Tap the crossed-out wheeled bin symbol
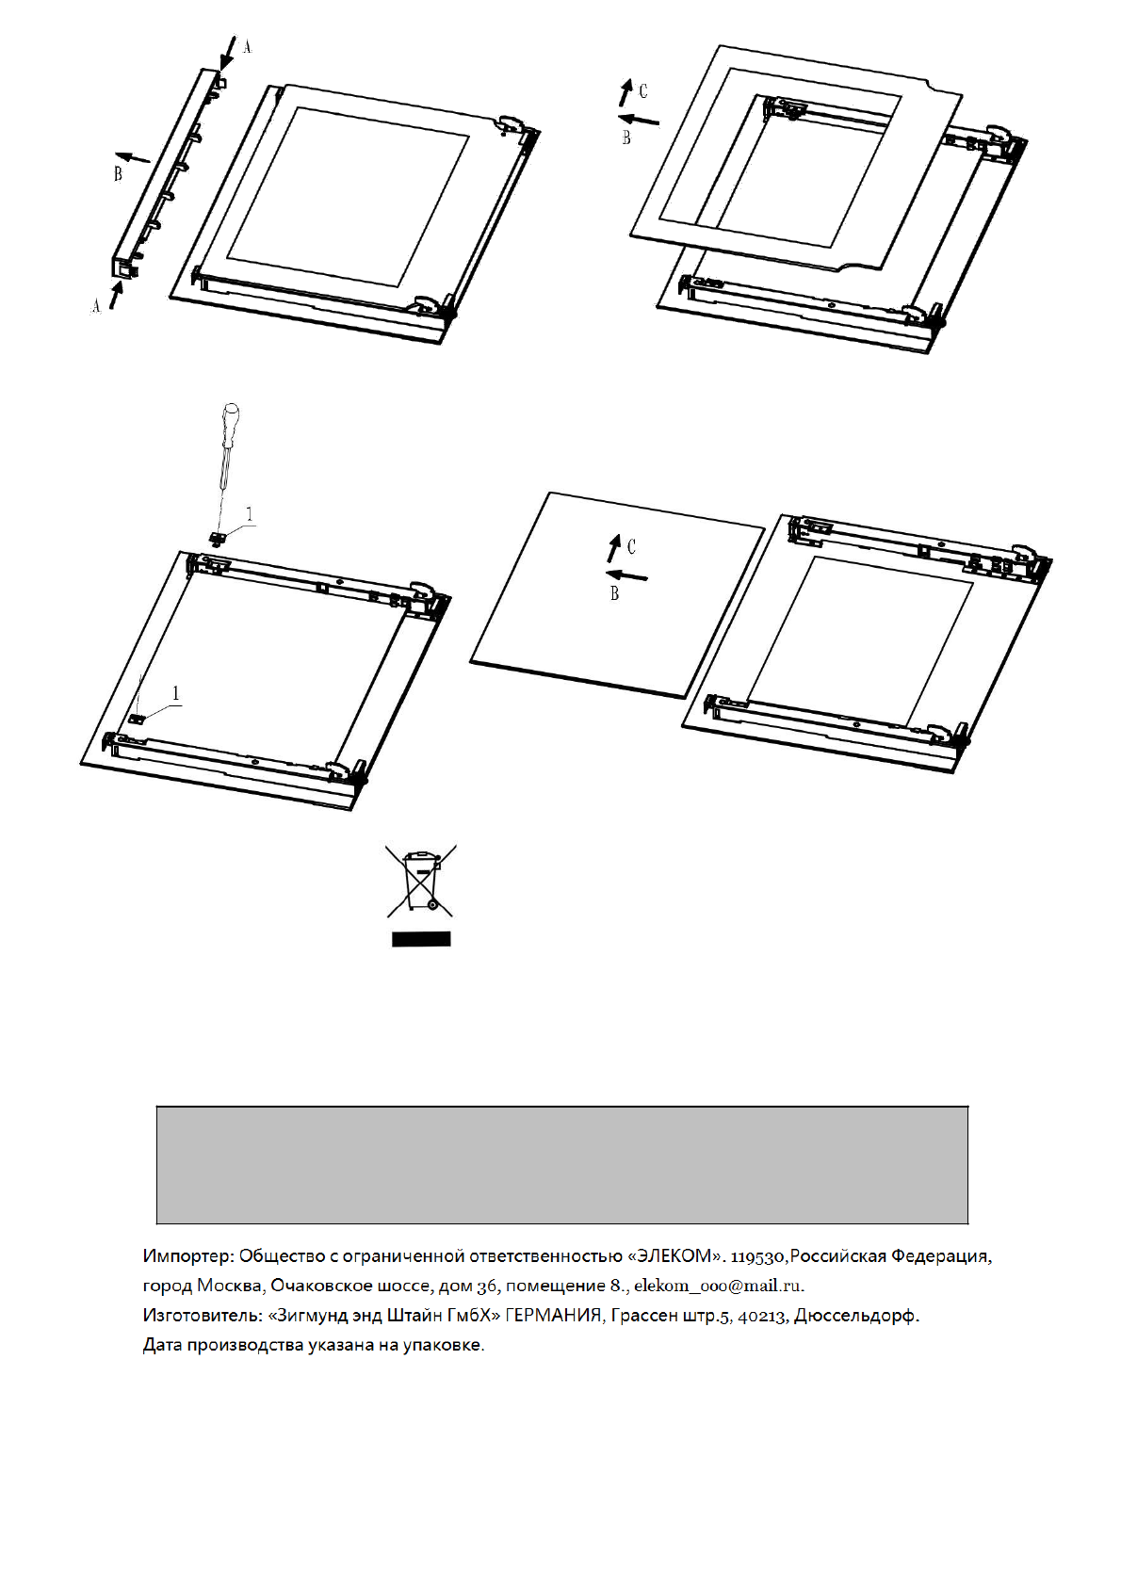420,881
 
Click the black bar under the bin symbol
421,939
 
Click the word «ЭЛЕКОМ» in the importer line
671,1255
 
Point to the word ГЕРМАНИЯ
553,1316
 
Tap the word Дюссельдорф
855,1316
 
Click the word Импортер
187,1255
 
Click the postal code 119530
758,1255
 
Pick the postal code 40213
762,1316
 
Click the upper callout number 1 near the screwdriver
250,514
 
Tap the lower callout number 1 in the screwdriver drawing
176,693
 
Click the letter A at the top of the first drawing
247,45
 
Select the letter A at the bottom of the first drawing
95,305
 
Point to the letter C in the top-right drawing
643,90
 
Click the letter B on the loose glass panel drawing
615,593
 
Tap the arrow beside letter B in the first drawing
133,157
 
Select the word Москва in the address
230,1286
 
